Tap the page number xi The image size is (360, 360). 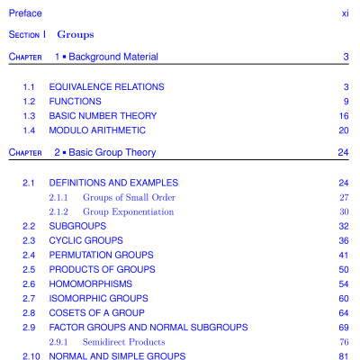click(x=345, y=13)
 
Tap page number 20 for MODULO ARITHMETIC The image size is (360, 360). click(x=343, y=130)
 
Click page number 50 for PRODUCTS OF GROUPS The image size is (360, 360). click(x=343, y=269)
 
